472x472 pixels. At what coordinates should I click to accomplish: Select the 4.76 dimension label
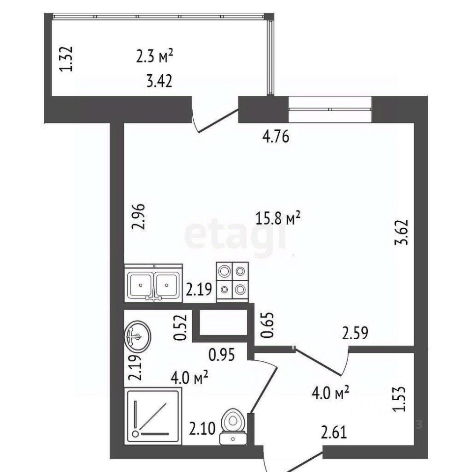tap(276, 137)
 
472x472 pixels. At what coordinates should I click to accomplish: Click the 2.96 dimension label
tap(139, 217)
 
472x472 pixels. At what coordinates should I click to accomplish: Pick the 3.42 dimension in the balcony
tap(159, 81)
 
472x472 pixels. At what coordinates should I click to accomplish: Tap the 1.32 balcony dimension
tap(66, 59)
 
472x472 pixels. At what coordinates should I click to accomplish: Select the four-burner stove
tap(233, 282)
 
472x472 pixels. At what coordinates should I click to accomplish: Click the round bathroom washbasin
tap(138, 336)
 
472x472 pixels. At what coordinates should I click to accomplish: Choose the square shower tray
tap(153, 416)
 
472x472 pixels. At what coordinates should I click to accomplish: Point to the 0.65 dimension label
tap(267, 325)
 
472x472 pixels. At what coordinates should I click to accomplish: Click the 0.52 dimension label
tap(180, 327)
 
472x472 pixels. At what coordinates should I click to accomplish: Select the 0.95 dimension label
tap(222, 355)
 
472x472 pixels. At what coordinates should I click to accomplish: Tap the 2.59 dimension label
tap(355, 333)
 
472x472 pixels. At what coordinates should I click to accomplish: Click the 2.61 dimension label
tap(334, 432)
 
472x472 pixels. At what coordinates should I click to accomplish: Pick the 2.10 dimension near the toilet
tap(202, 429)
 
